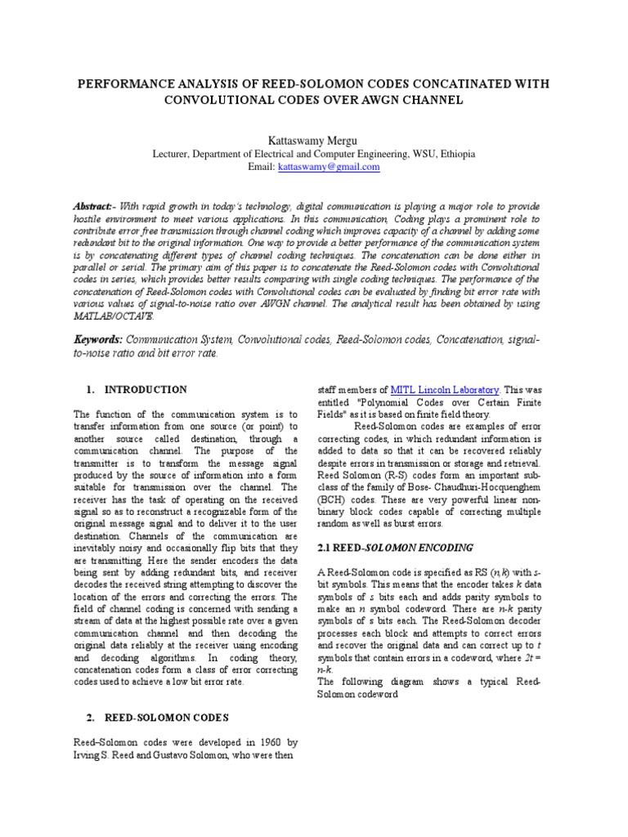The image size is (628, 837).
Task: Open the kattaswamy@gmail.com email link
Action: pyautogui.click(x=329, y=167)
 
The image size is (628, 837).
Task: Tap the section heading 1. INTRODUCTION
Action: pyautogui.click(x=137, y=390)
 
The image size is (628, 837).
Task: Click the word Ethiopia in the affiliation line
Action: pyautogui.click(x=451, y=154)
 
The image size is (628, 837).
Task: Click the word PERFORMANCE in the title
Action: pyautogui.click(x=122, y=85)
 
